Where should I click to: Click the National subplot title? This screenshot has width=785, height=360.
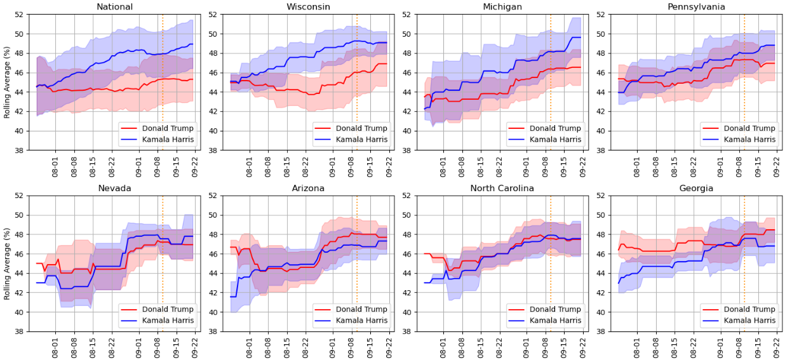tap(114, 7)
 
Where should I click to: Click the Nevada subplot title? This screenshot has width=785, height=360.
tap(114, 189)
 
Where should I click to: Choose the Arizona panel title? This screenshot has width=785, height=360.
tap(308, 189)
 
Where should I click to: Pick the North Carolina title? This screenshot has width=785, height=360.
tap(502, 189)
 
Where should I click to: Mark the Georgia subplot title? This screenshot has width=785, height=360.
tap(696, 189)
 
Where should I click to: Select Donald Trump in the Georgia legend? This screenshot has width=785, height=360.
tap(749, 309)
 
